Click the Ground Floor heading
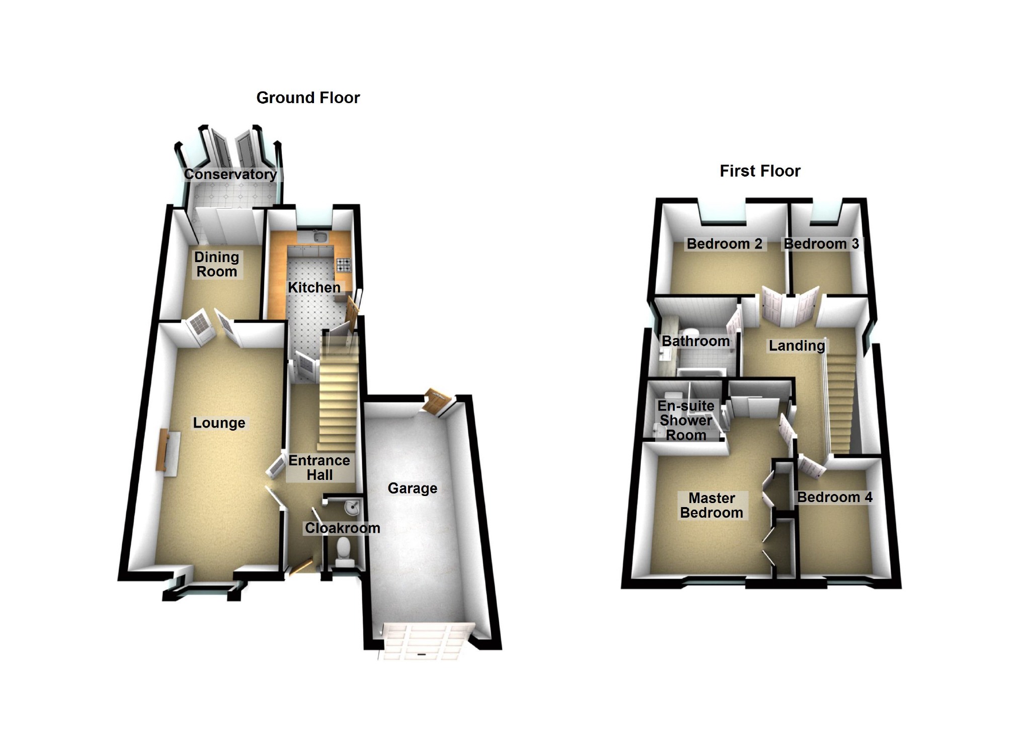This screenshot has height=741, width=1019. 308,98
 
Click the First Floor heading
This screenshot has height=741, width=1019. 760,171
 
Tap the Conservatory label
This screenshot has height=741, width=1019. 230,174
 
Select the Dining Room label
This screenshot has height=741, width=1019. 216,264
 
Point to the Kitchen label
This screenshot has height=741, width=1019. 314,287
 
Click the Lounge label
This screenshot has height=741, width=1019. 219,423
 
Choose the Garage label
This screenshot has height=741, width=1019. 412,488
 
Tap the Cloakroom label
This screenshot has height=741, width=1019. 342,528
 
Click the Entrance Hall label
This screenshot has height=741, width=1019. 319,467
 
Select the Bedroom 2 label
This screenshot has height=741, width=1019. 724,244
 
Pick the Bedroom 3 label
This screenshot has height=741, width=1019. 821,244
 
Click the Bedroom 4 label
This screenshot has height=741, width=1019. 834,497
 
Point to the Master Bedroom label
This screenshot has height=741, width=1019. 712,505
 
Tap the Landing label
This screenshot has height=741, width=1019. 797,346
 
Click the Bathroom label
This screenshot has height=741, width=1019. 695,341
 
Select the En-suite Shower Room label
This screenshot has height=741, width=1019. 686,420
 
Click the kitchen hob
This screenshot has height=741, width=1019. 344,264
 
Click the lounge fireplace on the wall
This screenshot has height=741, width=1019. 163,450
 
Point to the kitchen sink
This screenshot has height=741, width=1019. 319,237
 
